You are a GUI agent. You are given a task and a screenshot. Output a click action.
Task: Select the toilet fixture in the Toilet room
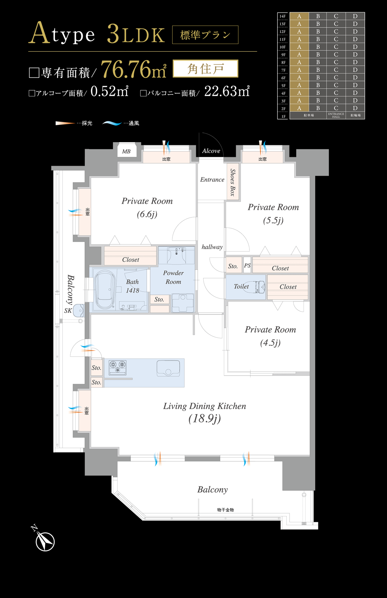pos(257,287)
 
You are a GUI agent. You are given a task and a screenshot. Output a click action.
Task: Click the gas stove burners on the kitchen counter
pos(118,367)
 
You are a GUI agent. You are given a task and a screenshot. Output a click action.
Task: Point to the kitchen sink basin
pos(168,368)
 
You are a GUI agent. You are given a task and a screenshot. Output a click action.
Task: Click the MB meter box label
pos(126,151)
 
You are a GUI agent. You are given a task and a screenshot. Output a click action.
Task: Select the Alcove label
pos(211,151)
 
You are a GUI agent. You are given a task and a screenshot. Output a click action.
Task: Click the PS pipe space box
pos(247,265)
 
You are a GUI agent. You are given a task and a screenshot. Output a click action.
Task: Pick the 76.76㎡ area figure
pos(134,69)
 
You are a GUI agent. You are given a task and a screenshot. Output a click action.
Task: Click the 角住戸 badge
pos(205,69)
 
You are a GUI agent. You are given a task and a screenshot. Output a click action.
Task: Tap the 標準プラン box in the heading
pos(205,35)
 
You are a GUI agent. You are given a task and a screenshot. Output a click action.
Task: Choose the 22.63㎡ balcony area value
pos(227,91)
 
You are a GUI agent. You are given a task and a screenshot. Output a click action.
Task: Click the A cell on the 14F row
pos(299,16)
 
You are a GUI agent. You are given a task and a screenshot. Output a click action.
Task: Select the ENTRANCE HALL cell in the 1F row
pos(336,115)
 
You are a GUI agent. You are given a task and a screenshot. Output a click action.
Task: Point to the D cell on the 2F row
pos(355,108)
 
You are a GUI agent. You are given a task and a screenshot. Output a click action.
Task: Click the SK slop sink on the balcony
pos(78,311)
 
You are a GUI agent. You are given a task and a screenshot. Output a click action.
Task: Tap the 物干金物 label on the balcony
pos(226,510)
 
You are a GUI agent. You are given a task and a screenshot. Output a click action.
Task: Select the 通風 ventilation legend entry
pos(121,123)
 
